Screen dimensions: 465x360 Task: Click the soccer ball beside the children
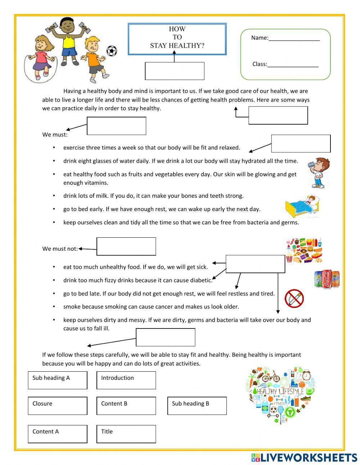pyautogui.click(x=112, y=51)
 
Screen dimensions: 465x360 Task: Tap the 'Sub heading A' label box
pyautogui.click(x=58, y=380)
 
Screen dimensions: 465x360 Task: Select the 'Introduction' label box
pyautogui.click(x=126, y=380)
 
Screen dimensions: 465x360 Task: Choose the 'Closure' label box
pyautogui.click(x=58, y=406)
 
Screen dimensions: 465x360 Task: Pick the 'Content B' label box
pyautogui.click(x=126, y=406)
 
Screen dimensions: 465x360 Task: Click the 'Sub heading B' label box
pyautogui.click(x=197, y=406)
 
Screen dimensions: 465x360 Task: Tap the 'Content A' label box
pyautogui.click(x=58, y=434)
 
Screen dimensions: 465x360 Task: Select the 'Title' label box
pyautogui.click(x=126, y=434)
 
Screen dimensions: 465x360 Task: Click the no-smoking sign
pyautogui.click(x=294, y=299)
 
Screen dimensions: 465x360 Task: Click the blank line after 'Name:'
pyautogui.click(x=294, y=38)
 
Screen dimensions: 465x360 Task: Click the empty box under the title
pyautogui.click(x=175, y=71)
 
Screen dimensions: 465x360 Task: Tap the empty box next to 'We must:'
pyautogui.click(x=116, y=126)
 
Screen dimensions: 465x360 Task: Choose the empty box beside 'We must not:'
pyautogui.click(x=126, y=246)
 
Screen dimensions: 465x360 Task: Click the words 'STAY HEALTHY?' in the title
pyautogui.click(x=177, y=46)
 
